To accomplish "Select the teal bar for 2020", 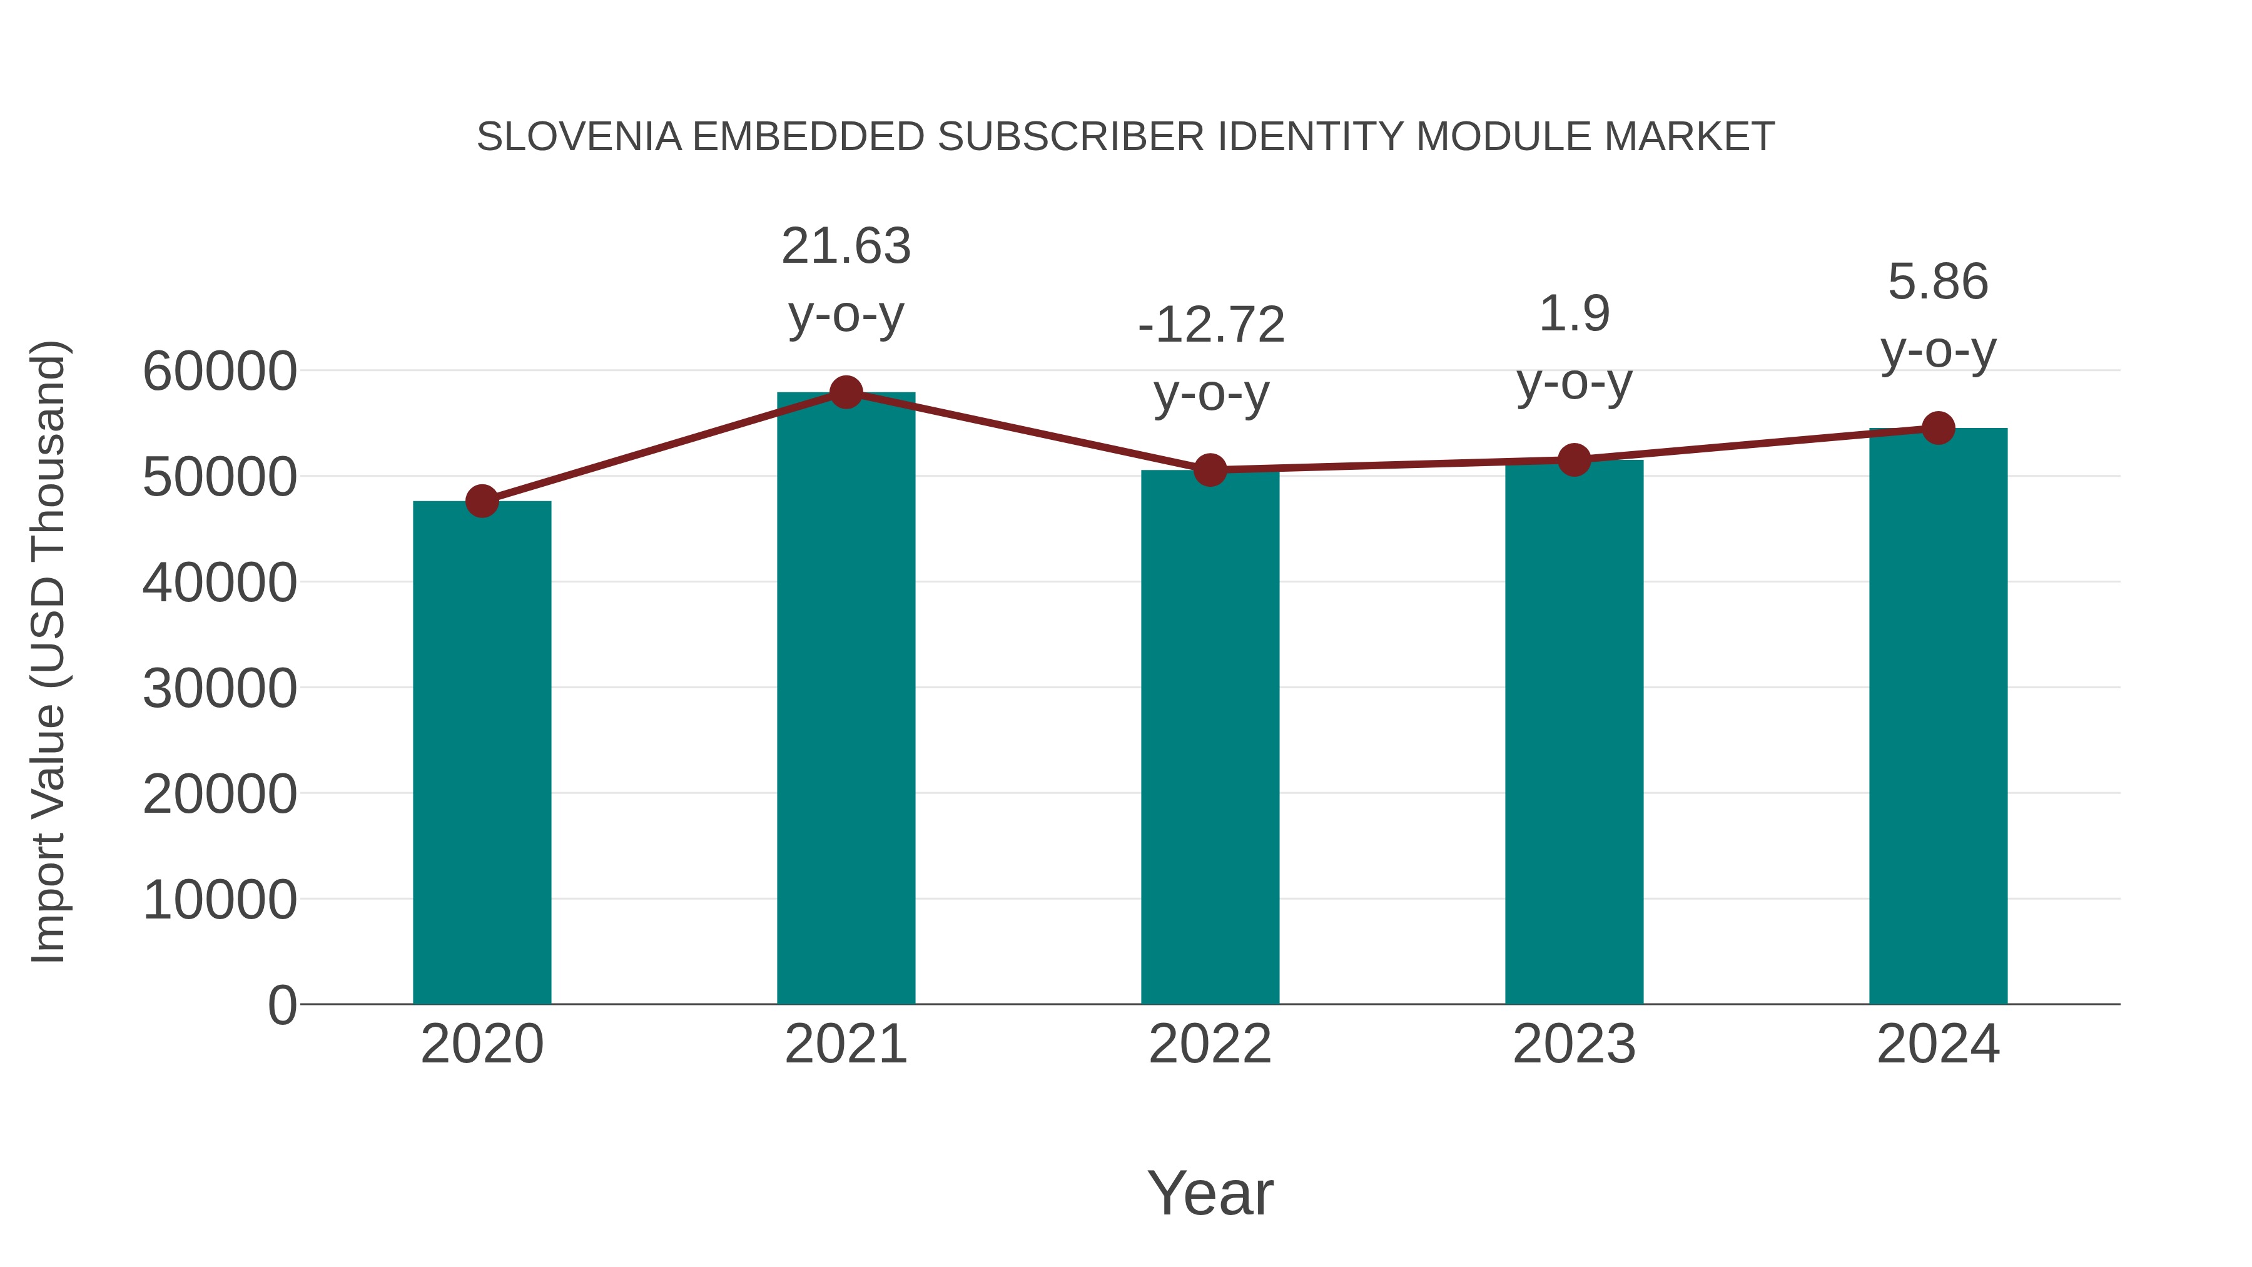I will point(482,752).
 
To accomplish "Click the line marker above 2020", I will point(482,501).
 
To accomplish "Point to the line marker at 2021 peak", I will point(845,392).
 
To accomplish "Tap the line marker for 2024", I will point(1938,429).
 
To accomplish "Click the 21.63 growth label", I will point(845,247).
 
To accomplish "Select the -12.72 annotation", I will point(1211,325).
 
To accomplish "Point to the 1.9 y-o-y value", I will point(1574,314).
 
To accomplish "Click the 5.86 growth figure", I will point(1938,282).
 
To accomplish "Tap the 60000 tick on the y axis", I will point(220,372).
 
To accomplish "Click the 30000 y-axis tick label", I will point(220,689).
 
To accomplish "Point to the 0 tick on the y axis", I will point(281,1005).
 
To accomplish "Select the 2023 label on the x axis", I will point(1574,1045).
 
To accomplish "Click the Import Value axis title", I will point(48,651).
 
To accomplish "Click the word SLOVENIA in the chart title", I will point(579,137).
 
